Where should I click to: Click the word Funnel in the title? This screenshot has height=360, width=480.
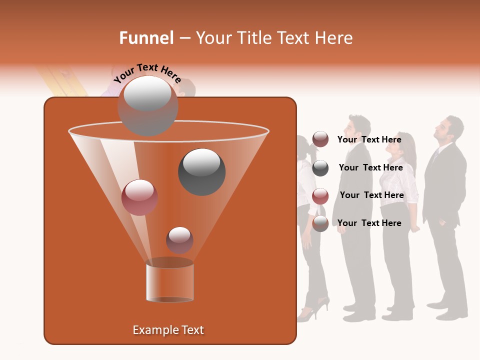coord(146,38)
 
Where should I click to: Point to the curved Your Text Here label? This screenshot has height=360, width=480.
coord(147,73)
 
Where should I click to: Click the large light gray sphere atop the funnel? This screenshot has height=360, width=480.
coord(148,105)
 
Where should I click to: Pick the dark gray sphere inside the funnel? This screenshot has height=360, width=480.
coord(201,171)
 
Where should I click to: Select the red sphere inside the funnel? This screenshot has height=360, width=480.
coord(139,197)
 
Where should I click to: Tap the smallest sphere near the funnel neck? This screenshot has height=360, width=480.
coord(179,240)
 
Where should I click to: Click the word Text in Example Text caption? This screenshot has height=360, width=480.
coord(191,330)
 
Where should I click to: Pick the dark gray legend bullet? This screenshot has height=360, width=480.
coord(320,168)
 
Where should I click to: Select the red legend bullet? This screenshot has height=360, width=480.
coord(320,196)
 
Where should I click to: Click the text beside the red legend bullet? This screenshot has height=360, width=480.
coord(371,195)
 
